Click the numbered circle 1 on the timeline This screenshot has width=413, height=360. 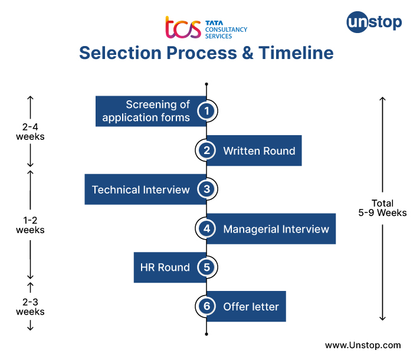coord(206,111)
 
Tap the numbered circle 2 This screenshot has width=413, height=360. coord(206,150)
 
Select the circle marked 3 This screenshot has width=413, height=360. coord(206,189)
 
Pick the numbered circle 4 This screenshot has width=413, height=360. coord(206,229)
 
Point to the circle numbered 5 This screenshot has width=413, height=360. coord(206,267)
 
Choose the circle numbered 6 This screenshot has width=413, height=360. coord(206,306)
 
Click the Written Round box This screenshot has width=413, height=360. coord(258,150)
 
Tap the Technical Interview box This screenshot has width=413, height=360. coord(141,189)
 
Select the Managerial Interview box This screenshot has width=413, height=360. coord(276,229)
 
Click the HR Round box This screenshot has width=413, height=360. coord(165,267)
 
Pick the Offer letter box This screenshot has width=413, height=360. coord(251,306)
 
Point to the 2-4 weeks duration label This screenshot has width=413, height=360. coord(30,132)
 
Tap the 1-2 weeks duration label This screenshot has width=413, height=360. coord(30,225)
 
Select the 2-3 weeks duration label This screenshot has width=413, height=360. coord(30,306)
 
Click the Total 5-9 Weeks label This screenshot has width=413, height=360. coord(382,208)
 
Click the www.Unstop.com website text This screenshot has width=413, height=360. coord(363,345)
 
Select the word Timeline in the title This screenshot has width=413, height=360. coord(293,53)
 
